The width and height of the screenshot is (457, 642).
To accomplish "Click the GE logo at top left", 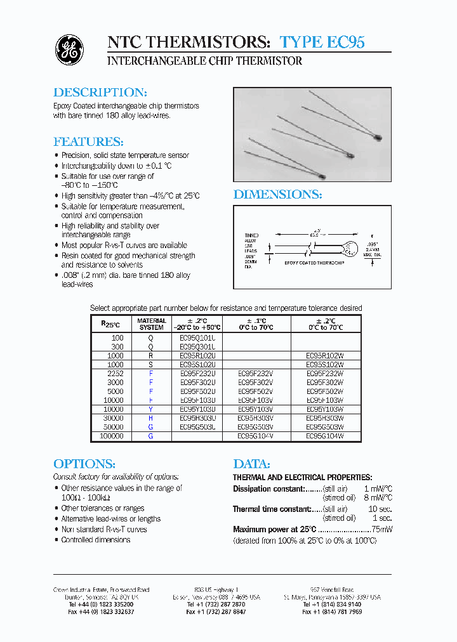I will (x=69, y=50).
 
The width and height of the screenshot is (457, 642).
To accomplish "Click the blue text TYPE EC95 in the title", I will (x=322, y=43).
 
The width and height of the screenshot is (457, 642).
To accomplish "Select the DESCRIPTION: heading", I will (x=100, y=93).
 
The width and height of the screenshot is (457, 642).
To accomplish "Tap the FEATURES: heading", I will (x=88, y=141).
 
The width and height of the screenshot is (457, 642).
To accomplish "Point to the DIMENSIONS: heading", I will (x=277, y=195).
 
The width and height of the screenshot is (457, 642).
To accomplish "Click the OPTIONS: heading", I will (x=83, y=464).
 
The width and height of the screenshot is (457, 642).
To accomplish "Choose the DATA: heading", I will (x=251, y=464).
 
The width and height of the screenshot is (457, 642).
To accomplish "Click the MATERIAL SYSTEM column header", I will (x=151, y=324).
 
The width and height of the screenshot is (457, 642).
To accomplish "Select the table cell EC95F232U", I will (x=198, y=374).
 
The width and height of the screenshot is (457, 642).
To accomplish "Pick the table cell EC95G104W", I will (x=325, y=436).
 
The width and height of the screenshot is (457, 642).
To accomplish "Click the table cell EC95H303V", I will (x=256, y=419).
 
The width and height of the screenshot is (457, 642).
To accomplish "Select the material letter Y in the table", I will (x=151, y=410).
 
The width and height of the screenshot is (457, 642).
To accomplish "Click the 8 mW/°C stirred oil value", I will (x=378, y=499).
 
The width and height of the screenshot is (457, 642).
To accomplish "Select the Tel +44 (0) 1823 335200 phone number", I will (x=100, y=605).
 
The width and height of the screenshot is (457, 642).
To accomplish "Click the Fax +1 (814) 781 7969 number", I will (x=332, y=612).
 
